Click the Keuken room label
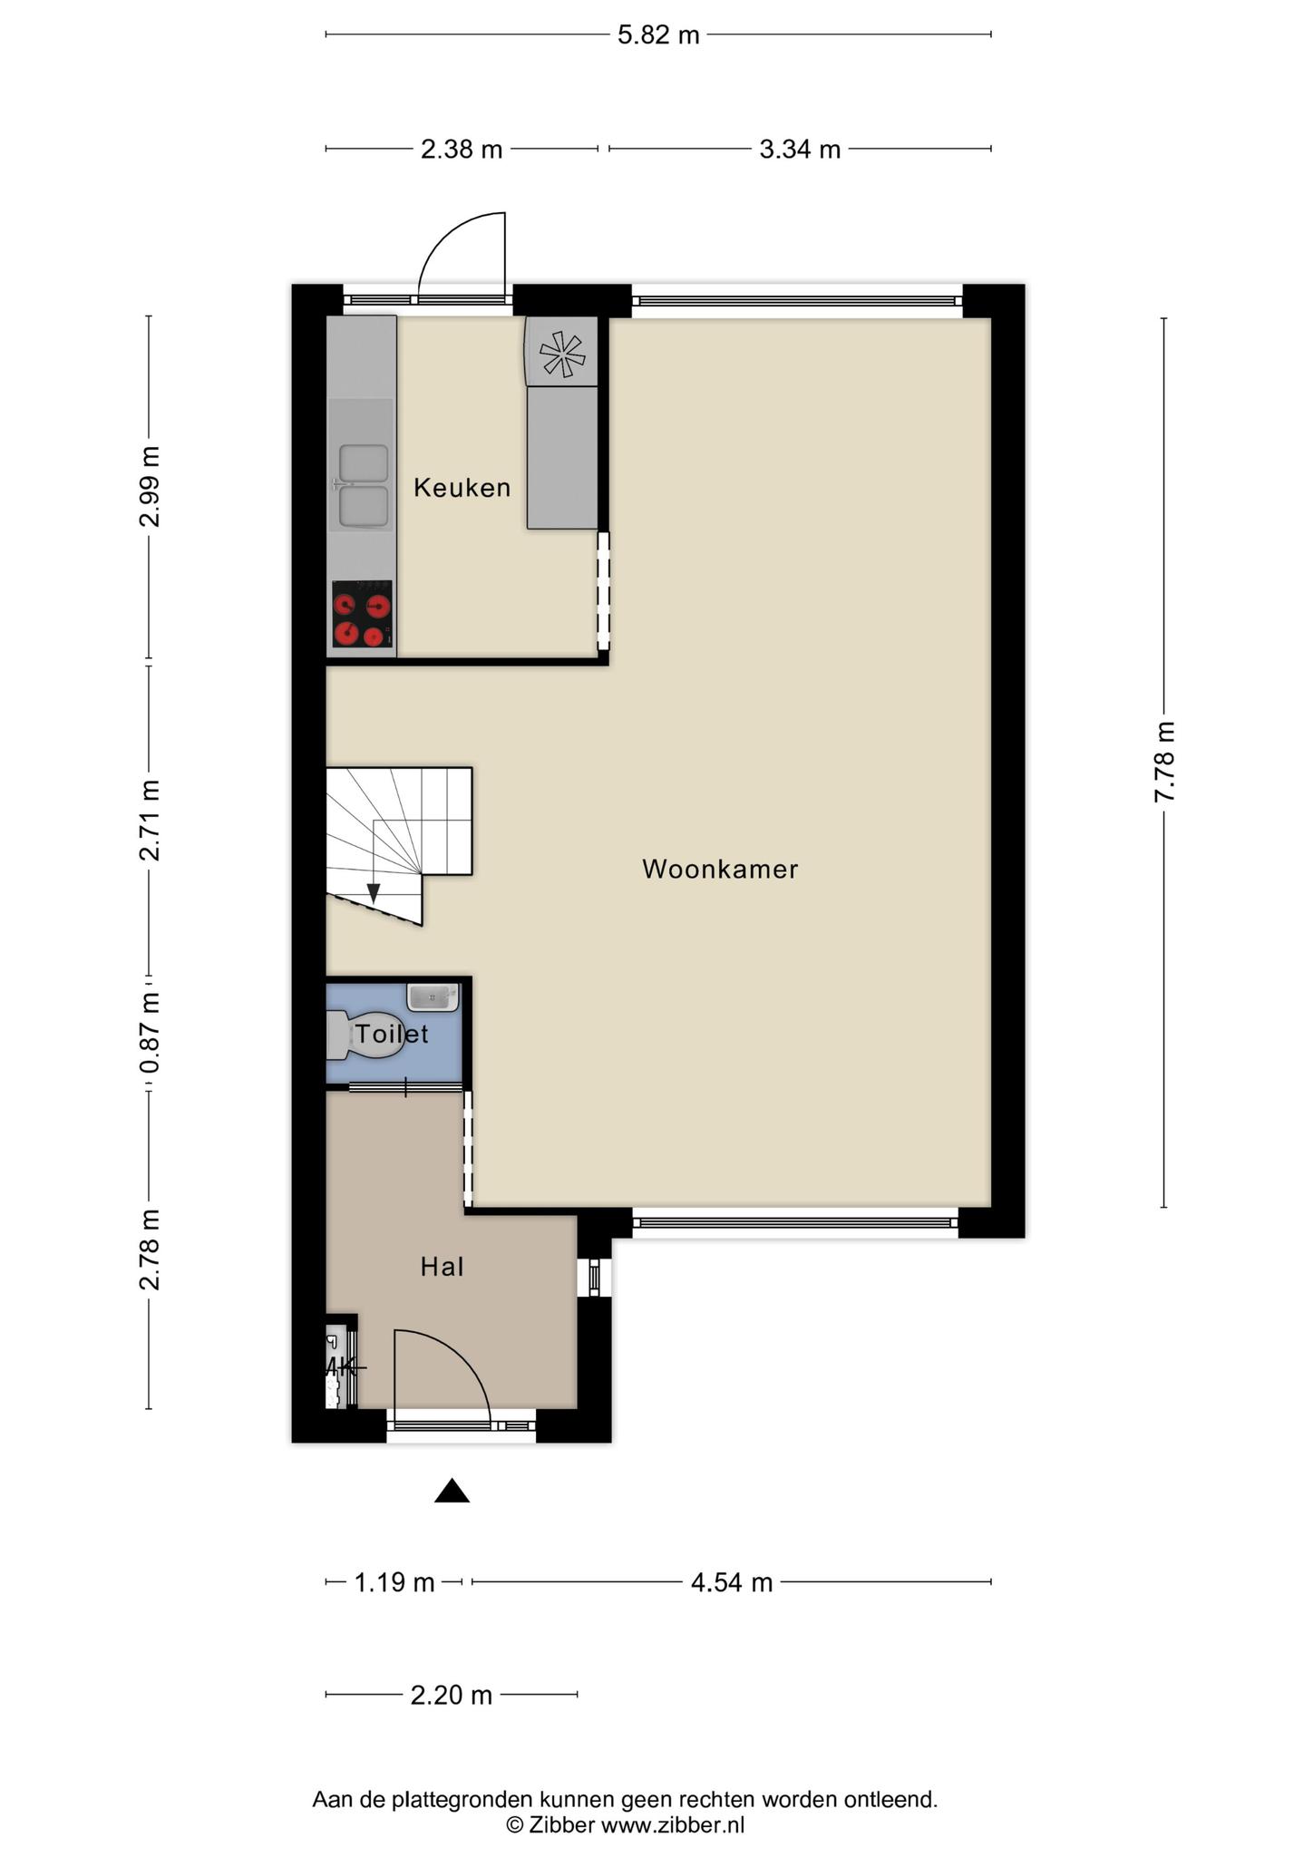click(462, 488)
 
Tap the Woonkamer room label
click(720, 869)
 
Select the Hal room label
click(443, 1267)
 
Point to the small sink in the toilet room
click(433, 997)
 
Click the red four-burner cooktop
click(362, 615)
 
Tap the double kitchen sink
click(363, 487)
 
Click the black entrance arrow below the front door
click(452, 1491)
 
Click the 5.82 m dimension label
click(658, 35)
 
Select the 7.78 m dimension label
click(1164, 762)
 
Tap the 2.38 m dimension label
click(462, 149)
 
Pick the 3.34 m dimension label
click(800, 149)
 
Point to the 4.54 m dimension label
click(732, 1582)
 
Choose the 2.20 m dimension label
click(452, 1694)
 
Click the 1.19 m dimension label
click(394, 1582)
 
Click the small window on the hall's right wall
click(594, 1277)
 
